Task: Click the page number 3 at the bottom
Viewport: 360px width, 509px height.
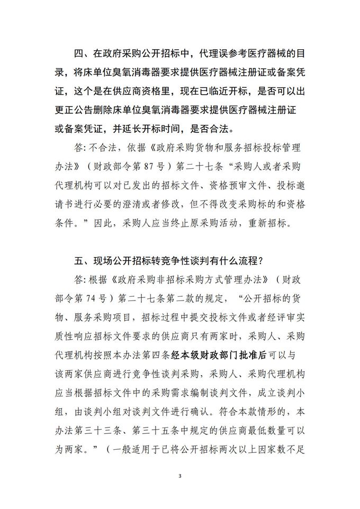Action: (x=180, y=475)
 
